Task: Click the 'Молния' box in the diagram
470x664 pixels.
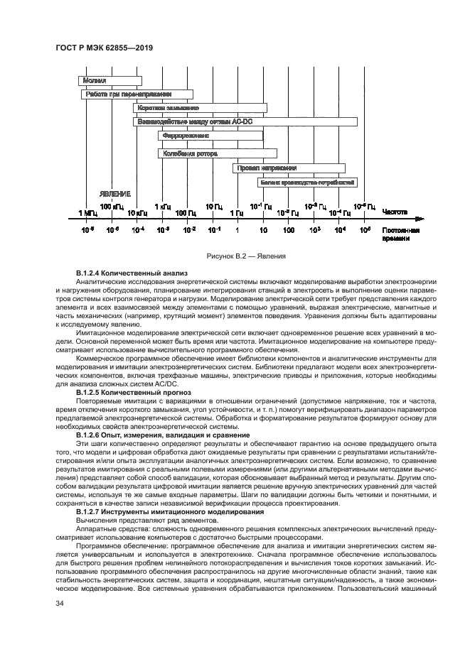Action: (110, 81)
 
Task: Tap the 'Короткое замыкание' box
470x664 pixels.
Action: (200, 108)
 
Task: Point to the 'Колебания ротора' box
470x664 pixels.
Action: (217, 153)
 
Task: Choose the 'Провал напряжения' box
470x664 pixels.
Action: (289, 168)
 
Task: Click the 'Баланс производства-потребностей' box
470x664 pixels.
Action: (306, 183)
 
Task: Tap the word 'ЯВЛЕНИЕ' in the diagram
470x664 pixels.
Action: (114, 194)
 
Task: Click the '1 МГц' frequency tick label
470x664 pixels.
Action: (87, 212)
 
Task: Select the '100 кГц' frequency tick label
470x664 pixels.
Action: (112, 206)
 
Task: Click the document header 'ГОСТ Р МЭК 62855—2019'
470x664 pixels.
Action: (105, 48)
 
